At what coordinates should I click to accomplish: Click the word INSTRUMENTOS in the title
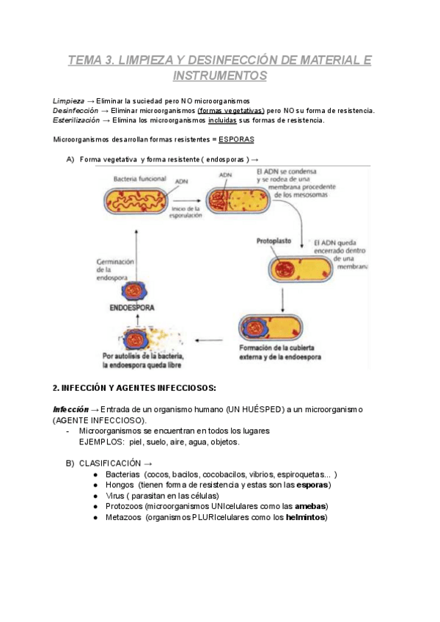(x=220, y=75)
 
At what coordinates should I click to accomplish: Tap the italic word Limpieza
(x=68, y=100)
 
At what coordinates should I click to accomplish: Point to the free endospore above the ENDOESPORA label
(x=133, y=289)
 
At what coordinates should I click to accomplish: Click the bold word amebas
(x=311, y=507)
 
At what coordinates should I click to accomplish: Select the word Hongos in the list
(x=120, y=486)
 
